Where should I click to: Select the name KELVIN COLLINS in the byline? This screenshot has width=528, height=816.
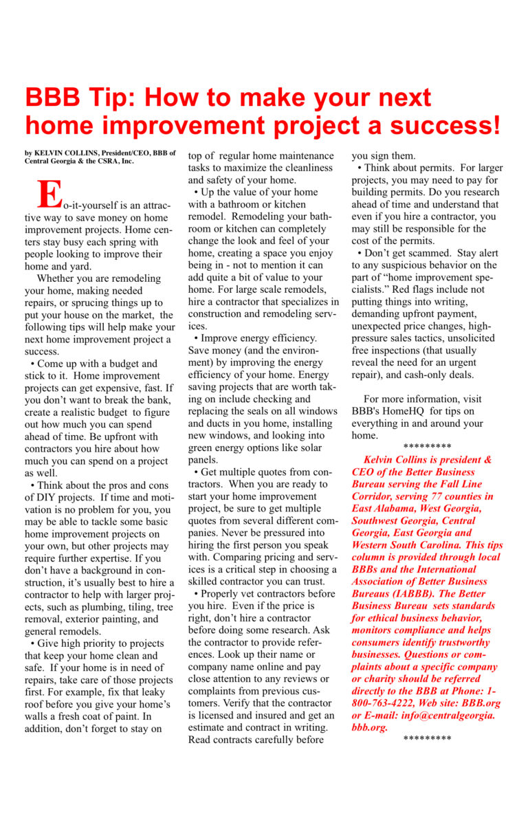tap(68, 153)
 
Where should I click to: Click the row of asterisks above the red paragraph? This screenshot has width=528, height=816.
tap(427, 448)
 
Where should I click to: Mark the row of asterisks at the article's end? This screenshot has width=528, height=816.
tap(427, 739)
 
